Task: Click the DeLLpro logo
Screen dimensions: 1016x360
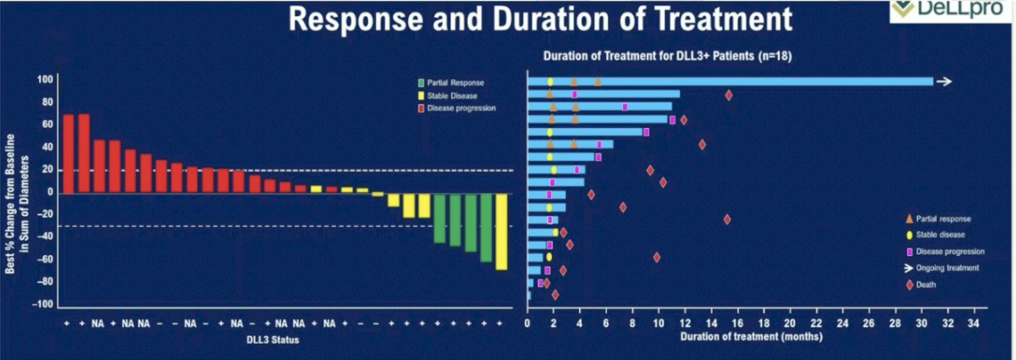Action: pyautogui.click(x=952, y=10)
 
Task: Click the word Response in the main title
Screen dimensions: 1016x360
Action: pyautogui.click(x=356, y=19)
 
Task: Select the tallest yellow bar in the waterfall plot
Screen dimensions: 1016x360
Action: pyautogui.click(x=501, y=232)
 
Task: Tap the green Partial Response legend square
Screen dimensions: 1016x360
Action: pyautogui.click(x=421, y=83)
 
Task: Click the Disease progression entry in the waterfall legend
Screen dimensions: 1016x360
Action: pyautogui.click(x=456, y=108)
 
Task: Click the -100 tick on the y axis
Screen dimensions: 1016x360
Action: pyautogui.click(x=42, y=304)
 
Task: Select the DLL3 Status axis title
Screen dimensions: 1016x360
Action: pyautogui.click(x=273, y=340)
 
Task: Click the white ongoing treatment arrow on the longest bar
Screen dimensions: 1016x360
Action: pyautogui.click(x=944, y=81)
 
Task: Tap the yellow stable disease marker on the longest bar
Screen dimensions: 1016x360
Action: pyautogui.click(x=550, y=82)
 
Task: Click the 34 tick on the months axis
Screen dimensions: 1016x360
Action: pyautogui.click(x=974, y=324)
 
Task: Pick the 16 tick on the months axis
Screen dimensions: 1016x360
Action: pyautogui.click(x=737, y=324)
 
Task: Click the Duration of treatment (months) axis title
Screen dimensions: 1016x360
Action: pyautogui.click(x=751, y=337)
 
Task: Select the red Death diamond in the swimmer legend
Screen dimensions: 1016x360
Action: pyautogui.click(x=909, y=285)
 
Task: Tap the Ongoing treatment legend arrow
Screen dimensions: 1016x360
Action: pyautogui.click(x=908, y=269)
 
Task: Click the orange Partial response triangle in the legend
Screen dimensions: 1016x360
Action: pyautogui.click(x=909, y=219)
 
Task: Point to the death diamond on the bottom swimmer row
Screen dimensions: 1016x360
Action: pyautogui.click(x=555, y=295)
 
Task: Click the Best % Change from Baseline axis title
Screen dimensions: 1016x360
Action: pyautogui.click(x=17, y=204)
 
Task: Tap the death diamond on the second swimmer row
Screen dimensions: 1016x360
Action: pyautogui.click(x=728, y=96)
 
